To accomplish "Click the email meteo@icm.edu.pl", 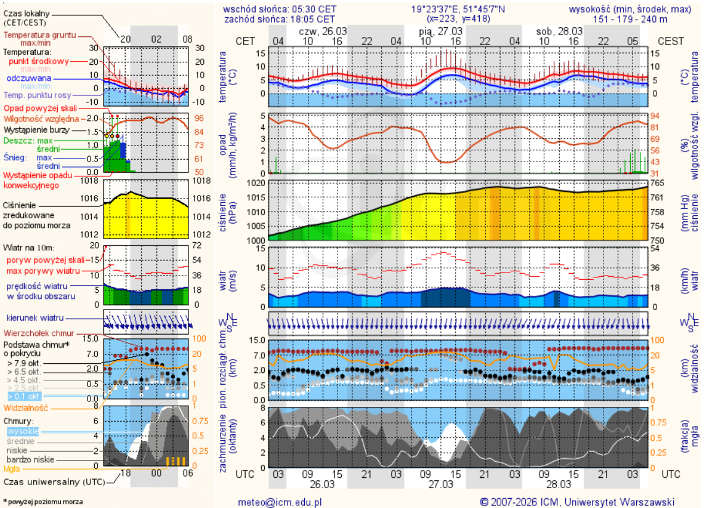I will pyautogui.click(x=280, y=502).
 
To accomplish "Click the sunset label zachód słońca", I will pyautogui.click(x=253, y=18).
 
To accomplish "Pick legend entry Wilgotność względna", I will pyautogui.click(x=42, y=118).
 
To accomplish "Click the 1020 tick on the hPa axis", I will pyautogui.click(x=256, y=183).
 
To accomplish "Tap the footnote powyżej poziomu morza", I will pyautogui.click(x=44, y=502).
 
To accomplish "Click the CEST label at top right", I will pyautogui.click(x=671, y=41).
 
